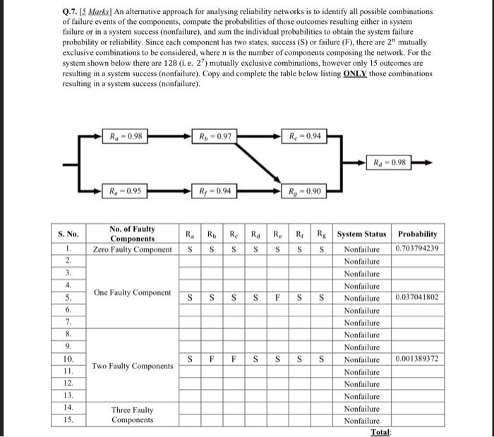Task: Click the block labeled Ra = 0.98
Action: (x=126, y=136)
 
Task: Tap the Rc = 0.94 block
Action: (x=303, y=136)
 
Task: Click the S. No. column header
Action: (x=68, y=233)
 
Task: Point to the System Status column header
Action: (x=361, y=234)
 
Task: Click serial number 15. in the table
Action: (x=68, y=420)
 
